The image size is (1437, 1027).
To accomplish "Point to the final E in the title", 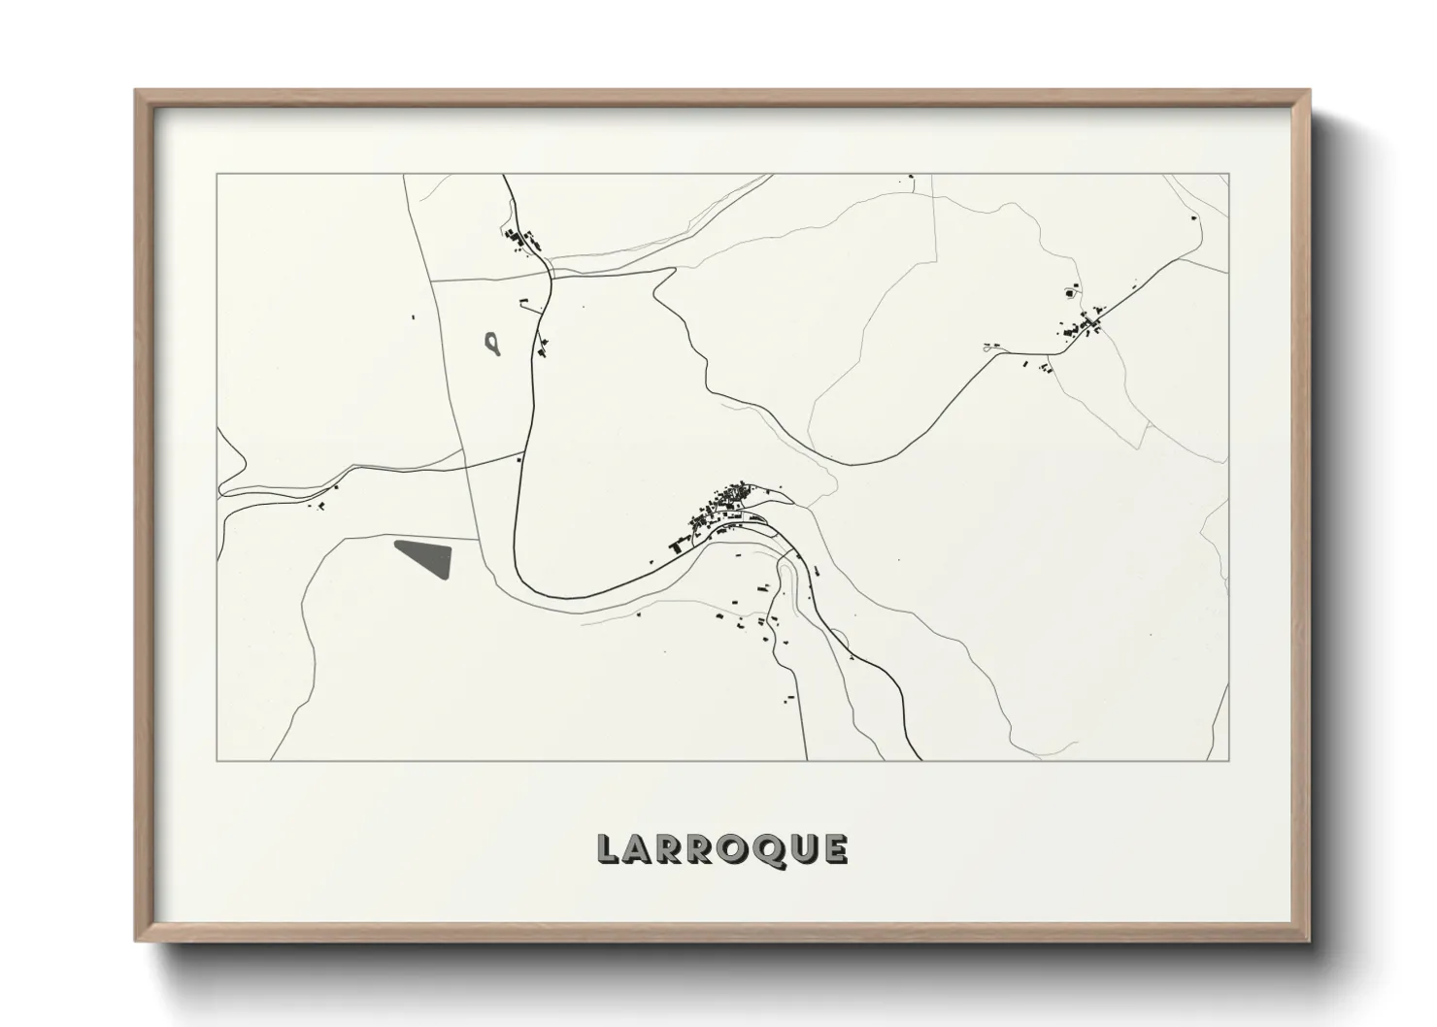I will pyautogui.click(x=834, y=848).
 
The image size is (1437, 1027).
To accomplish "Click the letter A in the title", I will pyautogui.click(x=637, y=848).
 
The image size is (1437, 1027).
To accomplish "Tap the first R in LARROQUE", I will pyautogui.click(x=669, y=848).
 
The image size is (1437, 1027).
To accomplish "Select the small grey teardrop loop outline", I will pyautogui.click(x=493, y=343).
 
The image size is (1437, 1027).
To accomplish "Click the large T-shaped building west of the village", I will pyautogui.click(x=676, y=548).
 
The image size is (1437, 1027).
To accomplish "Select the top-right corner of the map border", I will pyautogui.click(x=1229, y=174).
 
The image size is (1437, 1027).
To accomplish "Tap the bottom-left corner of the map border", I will pyautogui.click(x=217, y=760).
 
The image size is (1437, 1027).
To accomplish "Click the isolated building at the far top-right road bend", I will pyautogui.click(x=1193, y=218).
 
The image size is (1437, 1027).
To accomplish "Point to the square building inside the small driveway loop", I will pyautogui.click(x=1071, y=292).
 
